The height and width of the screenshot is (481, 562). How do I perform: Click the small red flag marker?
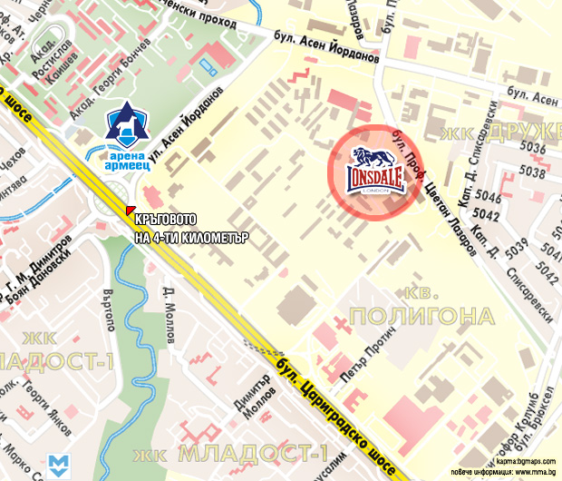[x=130, y=211]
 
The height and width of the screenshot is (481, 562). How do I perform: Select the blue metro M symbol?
[x=61, y=465]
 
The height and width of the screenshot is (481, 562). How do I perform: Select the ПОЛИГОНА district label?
[x=421, y=316]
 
